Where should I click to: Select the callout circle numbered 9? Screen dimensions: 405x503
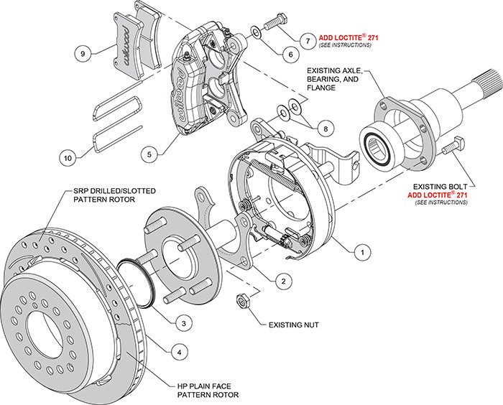click(83, 52)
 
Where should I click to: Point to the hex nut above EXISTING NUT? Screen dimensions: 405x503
click(242, 299)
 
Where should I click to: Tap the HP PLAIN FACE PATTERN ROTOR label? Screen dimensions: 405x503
click(208, 389)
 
